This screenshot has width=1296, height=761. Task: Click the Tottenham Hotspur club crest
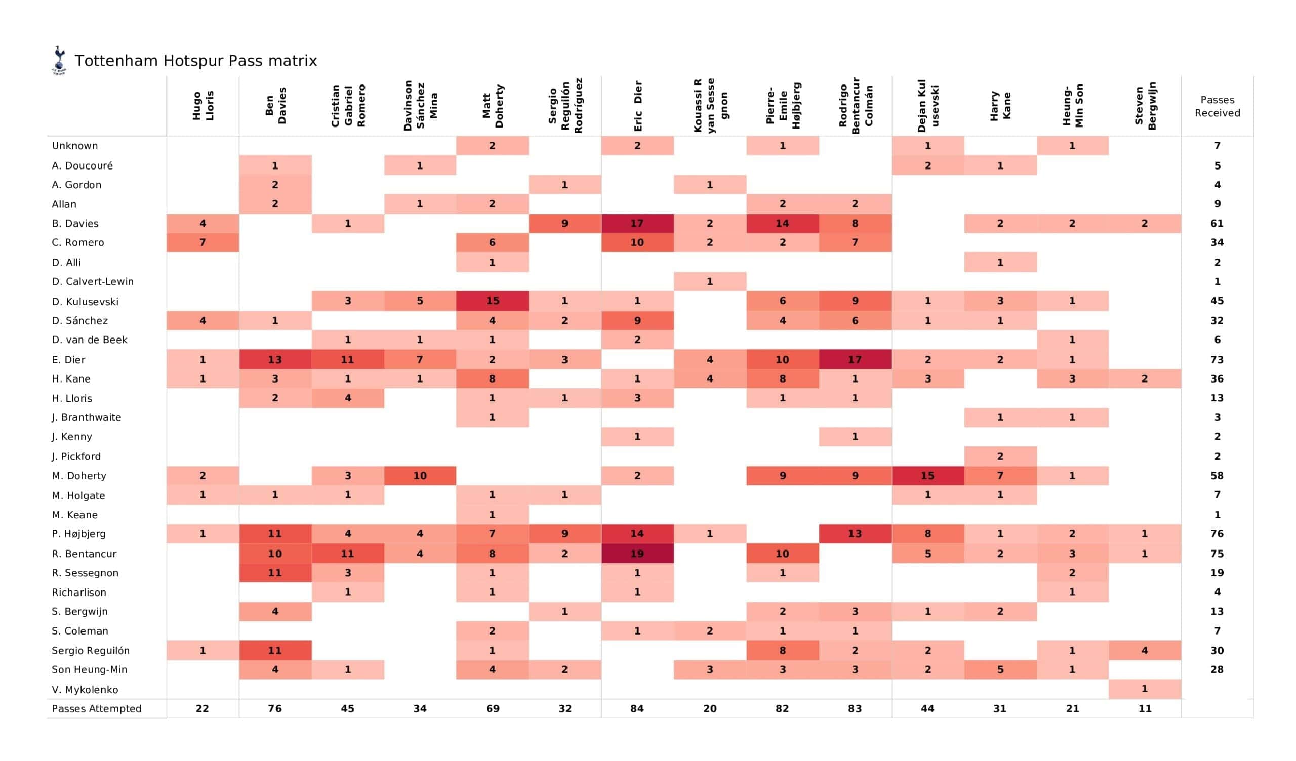point(59,60)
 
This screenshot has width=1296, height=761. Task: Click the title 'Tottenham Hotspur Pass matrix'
point(196,61)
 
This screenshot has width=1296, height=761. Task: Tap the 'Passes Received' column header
point(1217,106)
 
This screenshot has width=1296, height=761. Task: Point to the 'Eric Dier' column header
point(638,106)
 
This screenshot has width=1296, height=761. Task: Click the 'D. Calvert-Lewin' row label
point(93,282)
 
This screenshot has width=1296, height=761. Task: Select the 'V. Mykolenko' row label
point(85,690)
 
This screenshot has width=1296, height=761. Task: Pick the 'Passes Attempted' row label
point(97,708)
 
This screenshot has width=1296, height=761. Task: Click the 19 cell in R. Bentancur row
point(637,553)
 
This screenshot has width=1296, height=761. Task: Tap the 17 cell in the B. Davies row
point(637,223)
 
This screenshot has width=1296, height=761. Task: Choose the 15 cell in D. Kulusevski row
point(492,301)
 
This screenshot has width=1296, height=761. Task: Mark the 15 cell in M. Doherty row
point(927,476)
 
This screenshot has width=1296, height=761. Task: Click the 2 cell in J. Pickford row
point(1000,456)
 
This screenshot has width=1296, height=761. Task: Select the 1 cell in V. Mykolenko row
point(1145,689)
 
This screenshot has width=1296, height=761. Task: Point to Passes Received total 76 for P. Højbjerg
point(1217,534)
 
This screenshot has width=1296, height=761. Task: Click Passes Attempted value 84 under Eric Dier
point(637,708)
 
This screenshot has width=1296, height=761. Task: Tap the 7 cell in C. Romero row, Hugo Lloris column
point(202,243)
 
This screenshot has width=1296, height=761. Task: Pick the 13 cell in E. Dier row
point(275,359)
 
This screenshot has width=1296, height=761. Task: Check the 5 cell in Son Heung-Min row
point(1000,669)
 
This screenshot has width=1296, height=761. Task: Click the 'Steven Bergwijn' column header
point(1145,106)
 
